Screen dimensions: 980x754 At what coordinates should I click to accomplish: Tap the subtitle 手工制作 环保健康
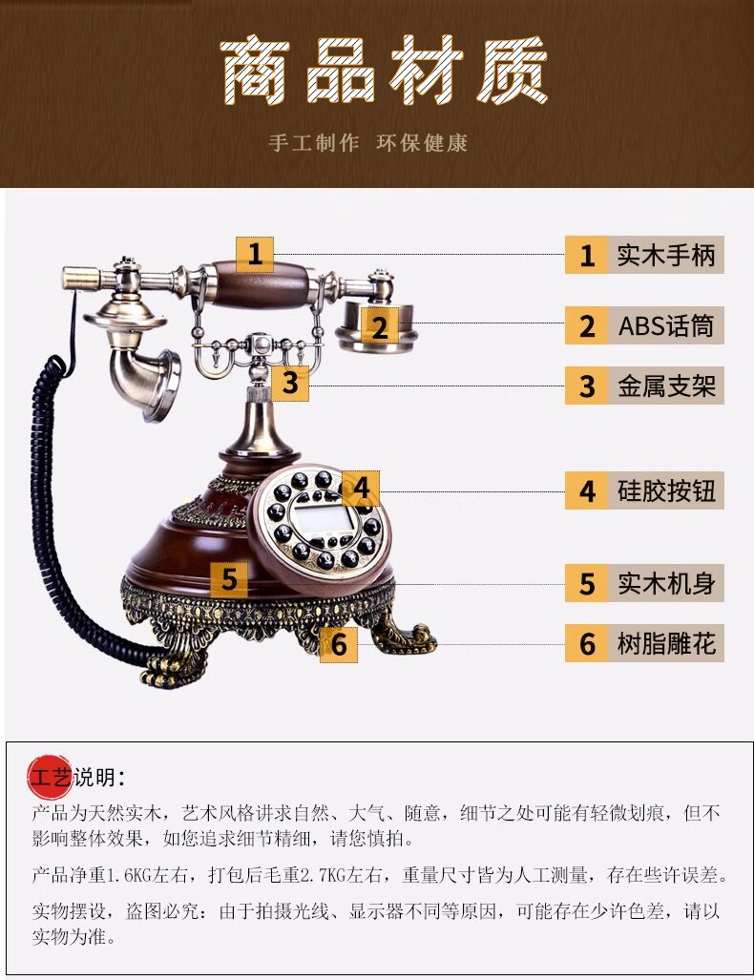(368, 143)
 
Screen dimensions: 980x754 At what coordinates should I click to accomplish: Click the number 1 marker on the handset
(255, 255)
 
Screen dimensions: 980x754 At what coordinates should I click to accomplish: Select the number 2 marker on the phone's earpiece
(380, 327)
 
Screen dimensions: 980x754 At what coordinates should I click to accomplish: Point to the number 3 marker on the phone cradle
(290, 383)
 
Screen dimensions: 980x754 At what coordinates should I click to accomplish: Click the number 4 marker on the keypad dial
(361, 489)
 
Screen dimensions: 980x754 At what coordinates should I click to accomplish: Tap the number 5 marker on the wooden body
(229, 579)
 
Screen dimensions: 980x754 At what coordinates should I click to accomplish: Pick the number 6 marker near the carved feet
(339, 643)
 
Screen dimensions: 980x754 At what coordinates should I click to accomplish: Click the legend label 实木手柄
(665, 256)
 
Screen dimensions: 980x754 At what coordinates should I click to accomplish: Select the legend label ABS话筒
(665, 326)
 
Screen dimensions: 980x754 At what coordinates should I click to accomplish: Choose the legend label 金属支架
(665, 386)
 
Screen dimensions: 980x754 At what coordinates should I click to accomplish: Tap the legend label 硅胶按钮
(665, 492)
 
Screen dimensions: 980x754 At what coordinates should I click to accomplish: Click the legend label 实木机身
(665, 583)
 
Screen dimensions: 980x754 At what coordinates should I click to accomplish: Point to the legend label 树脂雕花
(665, 644)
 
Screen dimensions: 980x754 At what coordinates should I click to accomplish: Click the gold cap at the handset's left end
(81, 279)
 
